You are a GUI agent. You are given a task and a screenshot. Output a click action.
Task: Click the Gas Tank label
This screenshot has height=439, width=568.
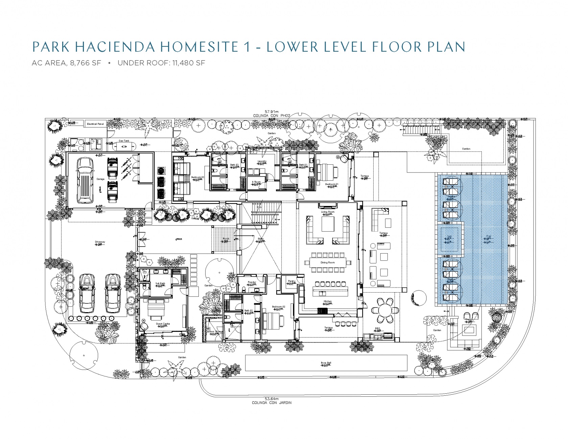[124, 141]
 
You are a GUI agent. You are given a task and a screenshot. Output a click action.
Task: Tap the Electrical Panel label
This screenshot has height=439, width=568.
[95, 124]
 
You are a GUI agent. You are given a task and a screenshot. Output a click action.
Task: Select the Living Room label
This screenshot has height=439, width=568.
[328, 212]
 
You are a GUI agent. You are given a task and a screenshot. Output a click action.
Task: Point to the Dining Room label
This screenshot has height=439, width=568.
[328, 262]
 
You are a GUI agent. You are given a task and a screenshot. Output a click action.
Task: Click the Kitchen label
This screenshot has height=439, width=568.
[328, 301]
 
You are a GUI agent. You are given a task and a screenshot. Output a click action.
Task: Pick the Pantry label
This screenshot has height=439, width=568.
[291, 281]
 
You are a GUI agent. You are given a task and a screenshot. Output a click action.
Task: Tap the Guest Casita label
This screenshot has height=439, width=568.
[163, 324]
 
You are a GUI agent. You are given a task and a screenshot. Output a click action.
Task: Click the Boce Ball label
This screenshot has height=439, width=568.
[326, 363]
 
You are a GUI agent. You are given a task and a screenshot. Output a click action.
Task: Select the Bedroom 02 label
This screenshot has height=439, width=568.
[279, 307]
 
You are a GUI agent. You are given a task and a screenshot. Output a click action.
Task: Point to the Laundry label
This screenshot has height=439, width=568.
[262, 161]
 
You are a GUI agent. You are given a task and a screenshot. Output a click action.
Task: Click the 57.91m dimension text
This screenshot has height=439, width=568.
[271, 112]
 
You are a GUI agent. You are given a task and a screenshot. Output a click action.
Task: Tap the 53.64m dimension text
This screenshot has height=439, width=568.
[271, 399]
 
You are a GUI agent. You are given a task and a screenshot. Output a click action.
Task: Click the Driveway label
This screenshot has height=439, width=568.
[100, 242]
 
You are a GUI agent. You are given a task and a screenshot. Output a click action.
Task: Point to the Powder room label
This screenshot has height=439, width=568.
[252, 282]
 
